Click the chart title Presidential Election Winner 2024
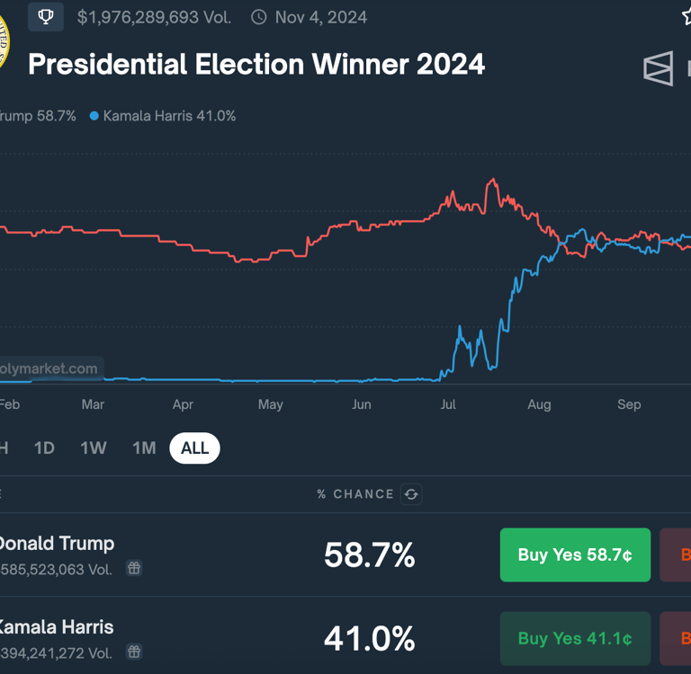pos(256,65)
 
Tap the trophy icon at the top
pos(46,17)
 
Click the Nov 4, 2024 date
pos(321,17)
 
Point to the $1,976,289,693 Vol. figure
pos(154,17)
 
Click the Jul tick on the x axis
pos(448,404)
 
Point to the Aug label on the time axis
pos(539,404)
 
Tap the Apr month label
pos(183,404)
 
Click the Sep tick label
pos(629,404)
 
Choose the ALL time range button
pos(194,448)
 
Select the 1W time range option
pos(94,448)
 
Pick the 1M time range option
pos(144,448)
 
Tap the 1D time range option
pos(44,448)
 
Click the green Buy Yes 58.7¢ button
pos(575,554)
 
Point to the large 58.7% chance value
pos(369,555)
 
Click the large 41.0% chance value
pos(369,639)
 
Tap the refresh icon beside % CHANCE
pos(411,494)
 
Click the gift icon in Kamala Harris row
pos(134,652)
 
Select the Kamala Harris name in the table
pos(56,627)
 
